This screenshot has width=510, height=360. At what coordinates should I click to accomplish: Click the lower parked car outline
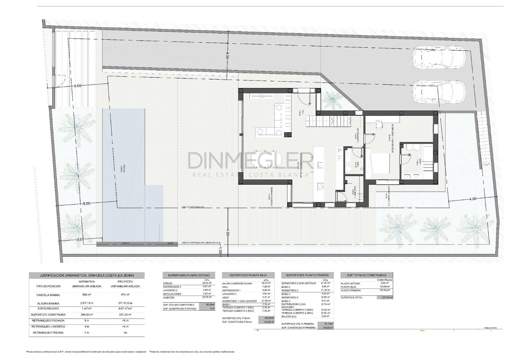(x=439, y=92)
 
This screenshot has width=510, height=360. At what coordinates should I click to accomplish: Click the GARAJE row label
(x=168, y=283)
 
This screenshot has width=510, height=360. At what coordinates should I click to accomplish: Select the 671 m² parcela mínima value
(x=125, y=295)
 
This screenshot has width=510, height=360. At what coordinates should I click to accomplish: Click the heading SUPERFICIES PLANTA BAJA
(x=248, y=275)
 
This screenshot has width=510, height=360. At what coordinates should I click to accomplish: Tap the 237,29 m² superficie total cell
(x=385, y=297)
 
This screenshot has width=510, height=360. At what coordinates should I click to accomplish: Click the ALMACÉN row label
(x=169, y=297)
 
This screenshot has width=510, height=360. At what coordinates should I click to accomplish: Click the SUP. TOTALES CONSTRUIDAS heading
(x=366, y=275)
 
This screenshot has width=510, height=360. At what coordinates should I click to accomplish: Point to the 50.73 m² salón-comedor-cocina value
(x=266, y=283)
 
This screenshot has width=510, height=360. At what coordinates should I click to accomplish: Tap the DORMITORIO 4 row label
(x=290, y=297)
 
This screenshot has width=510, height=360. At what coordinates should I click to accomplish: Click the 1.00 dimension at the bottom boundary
(x=220, y=251)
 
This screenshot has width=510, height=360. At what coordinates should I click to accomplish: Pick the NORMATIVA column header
(x=87, y=282)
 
